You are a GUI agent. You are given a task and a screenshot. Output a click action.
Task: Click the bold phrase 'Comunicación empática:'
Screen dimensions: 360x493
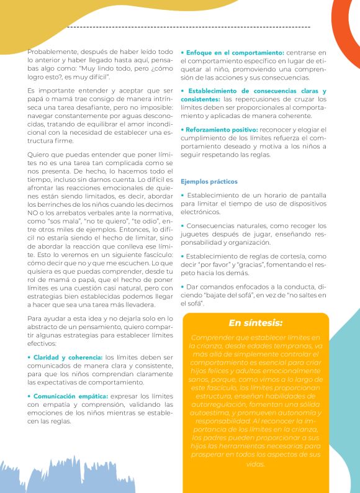(67, 396)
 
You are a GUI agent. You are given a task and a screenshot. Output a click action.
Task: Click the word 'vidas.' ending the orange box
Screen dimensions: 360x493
(255, 464)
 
